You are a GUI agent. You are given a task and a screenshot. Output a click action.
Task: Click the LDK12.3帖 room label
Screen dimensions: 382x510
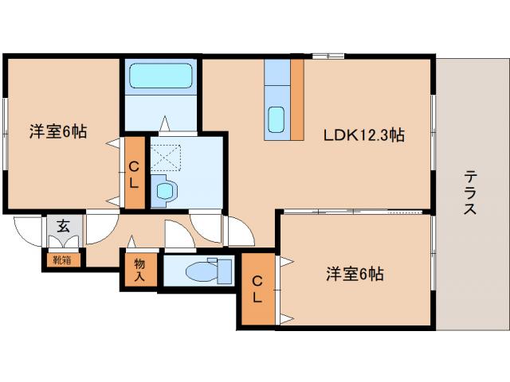pyautogui.click(x=363, y=135)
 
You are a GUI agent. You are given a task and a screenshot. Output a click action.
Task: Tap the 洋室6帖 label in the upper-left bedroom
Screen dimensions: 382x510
pyautogui.click(x=58, y=131)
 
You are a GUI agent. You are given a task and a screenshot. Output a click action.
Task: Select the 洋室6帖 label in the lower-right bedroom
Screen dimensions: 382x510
pyautogui.click(x=355, y=275)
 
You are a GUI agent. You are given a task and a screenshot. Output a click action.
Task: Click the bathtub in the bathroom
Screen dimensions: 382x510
pyautogui.click(x=162, y=77)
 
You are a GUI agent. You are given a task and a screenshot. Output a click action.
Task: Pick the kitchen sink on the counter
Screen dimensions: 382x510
pyautogui.click(x=276, y=119)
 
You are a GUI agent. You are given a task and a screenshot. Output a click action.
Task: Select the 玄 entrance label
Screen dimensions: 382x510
pyautogui.click(x=63, y=225)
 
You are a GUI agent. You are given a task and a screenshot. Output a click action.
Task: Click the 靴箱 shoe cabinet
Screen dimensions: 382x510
pyautogui.click(x=62, y=259)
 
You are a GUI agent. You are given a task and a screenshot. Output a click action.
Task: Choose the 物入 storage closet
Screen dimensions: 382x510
pyautogui.click(x=139, y=270)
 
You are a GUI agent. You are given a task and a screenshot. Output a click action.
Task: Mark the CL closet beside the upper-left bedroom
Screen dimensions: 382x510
pyautogui.click(x=135, y=173)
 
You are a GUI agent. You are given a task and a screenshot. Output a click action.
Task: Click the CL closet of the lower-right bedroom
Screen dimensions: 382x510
pyautogui.click(x=257, y=290)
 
